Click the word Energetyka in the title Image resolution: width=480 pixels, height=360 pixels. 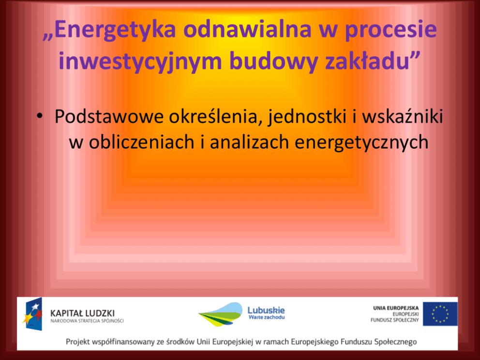(112, 30)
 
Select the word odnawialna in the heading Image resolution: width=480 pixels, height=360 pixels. (248, 30)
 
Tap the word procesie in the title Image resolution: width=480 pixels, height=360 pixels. (391, 30)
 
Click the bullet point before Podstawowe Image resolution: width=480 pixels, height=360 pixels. (40, 117)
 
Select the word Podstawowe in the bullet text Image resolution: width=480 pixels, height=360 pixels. (109, 117)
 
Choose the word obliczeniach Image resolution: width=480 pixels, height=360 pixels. (141, 142)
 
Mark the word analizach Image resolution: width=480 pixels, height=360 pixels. (249, 142)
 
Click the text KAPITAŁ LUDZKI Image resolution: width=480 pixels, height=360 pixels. (82, 314)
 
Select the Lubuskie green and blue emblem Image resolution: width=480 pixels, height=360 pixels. (221, 315)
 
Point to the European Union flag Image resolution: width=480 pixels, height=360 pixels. (440, 314)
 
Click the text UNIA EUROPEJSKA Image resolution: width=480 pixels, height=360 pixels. (395, 308)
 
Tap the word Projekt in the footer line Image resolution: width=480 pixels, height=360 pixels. (77, 342)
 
